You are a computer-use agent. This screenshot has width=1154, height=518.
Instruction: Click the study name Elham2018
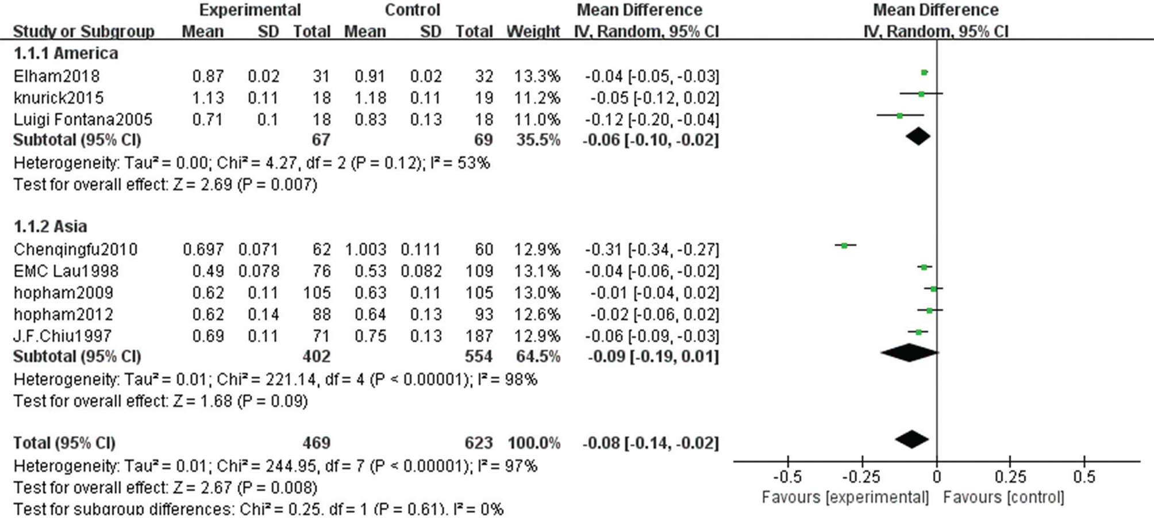click(56, 76)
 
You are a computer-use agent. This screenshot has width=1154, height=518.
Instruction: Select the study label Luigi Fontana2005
click(83, 119)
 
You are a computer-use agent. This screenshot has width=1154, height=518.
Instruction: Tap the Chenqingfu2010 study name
click(75, 250)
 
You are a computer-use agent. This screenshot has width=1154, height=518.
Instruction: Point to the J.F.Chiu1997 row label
click(63, 336)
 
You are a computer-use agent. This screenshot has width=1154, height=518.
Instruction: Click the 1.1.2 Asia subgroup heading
click(51, 226)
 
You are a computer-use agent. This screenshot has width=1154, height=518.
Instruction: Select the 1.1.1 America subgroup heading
click(66, 53)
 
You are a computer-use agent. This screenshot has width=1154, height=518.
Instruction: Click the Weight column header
click(533, 32)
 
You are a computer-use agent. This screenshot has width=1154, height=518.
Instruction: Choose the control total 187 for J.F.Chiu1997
click(479, 336)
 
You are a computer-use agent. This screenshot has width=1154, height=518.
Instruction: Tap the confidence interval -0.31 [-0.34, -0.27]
click(652, 250)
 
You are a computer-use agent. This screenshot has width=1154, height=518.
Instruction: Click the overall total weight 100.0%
click(533, 443)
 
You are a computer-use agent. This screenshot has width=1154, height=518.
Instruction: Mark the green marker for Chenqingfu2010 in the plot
click(844, 245)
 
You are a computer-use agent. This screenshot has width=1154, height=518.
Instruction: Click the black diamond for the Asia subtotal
click(909, 353)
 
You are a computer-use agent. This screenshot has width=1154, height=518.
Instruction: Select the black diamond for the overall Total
click(912, 439)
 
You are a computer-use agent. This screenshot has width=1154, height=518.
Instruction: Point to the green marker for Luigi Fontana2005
click(900, 115)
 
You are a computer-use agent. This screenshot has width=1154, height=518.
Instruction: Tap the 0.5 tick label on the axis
click(1084, 477)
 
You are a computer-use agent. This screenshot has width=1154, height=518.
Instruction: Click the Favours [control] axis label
click(1003, 497)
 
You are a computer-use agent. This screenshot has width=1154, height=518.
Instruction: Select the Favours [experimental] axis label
click(845, 497)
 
